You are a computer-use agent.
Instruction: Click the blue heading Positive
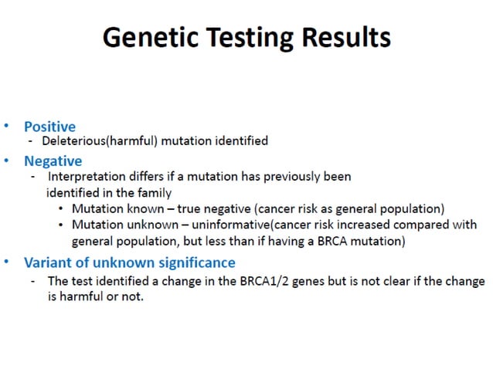tap(49, 126)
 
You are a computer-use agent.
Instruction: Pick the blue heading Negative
tap(53, 161)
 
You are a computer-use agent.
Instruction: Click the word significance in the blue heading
tap(192, 262)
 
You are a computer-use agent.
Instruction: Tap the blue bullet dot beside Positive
tap(8, 125)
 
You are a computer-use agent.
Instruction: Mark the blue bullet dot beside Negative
tap(8, 161)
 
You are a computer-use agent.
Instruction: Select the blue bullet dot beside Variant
tap(8, 262)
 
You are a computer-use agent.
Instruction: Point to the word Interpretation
tap(87, 177)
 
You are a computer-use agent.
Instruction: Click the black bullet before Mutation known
tap(61, 208)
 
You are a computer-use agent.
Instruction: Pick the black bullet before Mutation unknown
tap(61, 225)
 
